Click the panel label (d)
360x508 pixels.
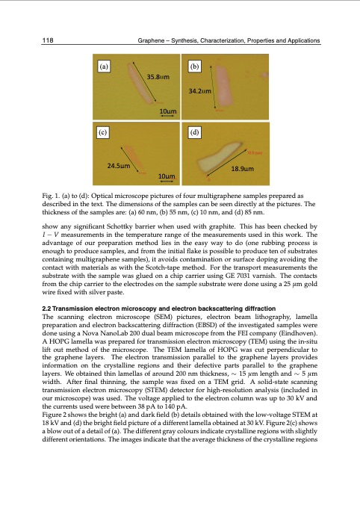195,131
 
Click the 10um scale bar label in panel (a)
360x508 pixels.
168,111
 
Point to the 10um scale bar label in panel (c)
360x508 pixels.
168,176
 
